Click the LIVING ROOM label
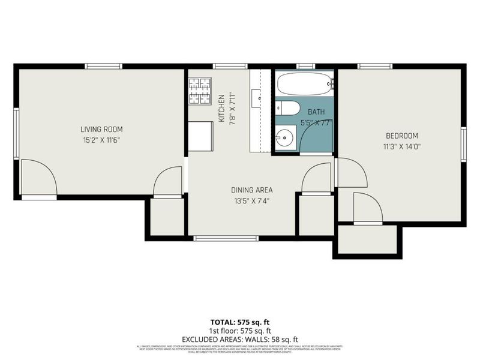point(101,129)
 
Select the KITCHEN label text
point(221,108)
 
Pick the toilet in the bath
point(289,108)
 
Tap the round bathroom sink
point(283,137)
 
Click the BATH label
point(317,112)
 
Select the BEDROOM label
point(401,136)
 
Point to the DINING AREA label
point(251,190)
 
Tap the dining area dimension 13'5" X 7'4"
point(251,201)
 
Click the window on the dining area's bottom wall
point(226,238)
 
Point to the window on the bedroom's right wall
point(464,145)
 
